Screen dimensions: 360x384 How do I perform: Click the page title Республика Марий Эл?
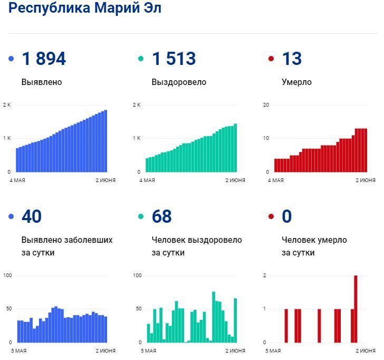(85, 8)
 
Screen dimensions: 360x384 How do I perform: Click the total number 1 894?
(44, 59)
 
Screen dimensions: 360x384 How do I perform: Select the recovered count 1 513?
(174, 59)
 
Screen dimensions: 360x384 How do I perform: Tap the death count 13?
(292, 59)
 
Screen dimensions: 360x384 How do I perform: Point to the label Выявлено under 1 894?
(42, 82)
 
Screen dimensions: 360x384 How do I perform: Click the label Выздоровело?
(179, 82)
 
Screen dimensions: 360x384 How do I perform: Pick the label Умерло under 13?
(296, 82)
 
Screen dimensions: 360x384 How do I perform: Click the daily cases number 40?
(32, 216)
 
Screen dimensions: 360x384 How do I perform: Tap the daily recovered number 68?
(162, 216)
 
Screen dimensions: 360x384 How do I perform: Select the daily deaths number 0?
(287, 216)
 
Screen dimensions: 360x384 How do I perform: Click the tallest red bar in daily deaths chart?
(356, 309)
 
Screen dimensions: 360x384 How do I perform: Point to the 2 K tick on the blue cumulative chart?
(7, 105)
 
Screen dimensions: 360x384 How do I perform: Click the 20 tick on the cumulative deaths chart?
(266, 105)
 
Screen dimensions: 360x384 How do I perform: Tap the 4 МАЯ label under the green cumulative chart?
(147, 181)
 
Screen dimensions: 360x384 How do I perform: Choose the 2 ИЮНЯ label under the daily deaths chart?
(366, 351)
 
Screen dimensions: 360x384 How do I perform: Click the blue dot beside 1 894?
(12, 59)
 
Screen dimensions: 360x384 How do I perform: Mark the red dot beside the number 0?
(272, 216)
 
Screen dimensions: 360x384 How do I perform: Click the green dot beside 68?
(141, 216)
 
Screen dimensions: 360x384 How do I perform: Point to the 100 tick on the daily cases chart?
(7, 276)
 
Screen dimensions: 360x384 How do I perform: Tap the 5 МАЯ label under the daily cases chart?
(18, 351)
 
